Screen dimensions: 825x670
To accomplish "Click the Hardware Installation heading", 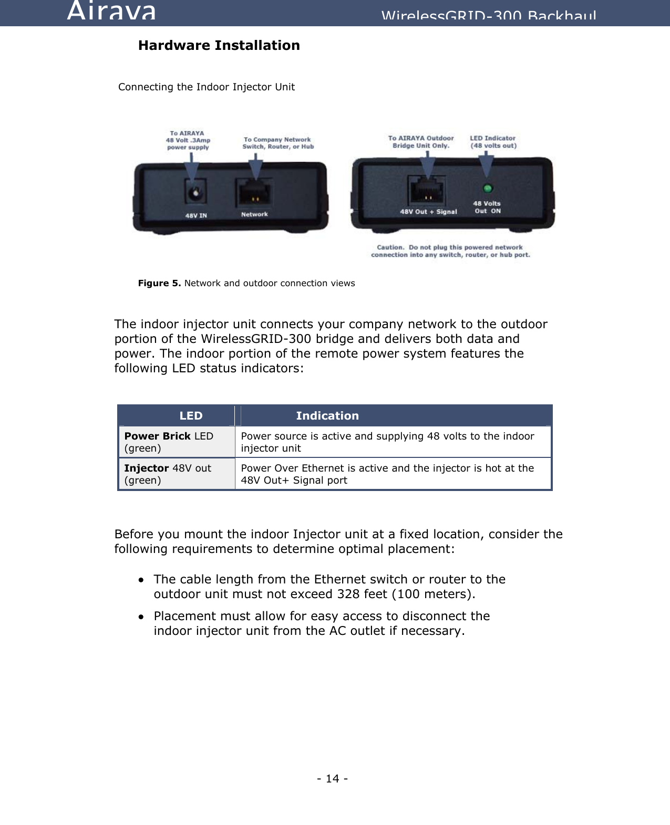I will click(219, 46).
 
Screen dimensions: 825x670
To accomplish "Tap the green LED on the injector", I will click(488, 189).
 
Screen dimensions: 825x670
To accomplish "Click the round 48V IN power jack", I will click(195, 193).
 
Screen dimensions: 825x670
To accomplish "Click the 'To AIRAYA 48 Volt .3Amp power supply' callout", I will click(188, 140).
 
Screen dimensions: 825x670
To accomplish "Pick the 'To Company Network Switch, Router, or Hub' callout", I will click(277, 143).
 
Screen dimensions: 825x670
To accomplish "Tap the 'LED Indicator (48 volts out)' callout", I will click(493, 142).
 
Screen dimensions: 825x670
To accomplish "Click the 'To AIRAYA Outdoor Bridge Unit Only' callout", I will click(421, 142).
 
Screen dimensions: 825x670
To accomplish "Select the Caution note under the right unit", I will click(450, 251).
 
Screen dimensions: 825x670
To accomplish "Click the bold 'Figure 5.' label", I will click(159, 284).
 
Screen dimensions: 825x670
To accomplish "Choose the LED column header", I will click(191, 416).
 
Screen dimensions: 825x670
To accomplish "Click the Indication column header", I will click(327, 416).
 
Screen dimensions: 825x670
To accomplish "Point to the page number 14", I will click(332, 779).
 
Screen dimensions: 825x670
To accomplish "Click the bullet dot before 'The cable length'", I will click(141, 580).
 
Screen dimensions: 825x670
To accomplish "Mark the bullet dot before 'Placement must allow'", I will click(141, 617).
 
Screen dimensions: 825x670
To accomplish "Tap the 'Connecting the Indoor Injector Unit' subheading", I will click(207, 87).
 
